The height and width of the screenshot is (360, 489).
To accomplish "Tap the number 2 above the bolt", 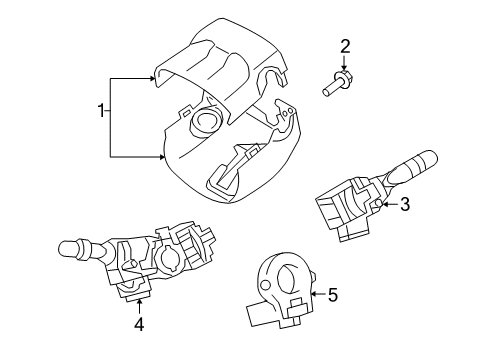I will click(345, 45).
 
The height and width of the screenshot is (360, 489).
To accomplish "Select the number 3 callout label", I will click(405, 205).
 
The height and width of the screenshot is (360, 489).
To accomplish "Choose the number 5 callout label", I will click(333, 295).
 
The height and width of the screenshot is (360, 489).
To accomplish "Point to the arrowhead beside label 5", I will click(313, 295).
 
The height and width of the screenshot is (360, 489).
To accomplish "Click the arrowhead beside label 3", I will click(385, 204).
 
